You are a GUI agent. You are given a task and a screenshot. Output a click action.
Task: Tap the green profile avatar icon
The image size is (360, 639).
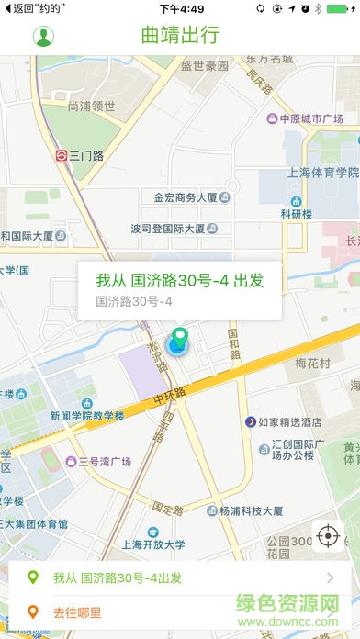pos(43,37)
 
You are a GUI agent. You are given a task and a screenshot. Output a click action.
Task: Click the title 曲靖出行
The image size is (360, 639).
pos(180,37)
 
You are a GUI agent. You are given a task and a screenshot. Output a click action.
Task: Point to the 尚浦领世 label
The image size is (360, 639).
pos(91,106)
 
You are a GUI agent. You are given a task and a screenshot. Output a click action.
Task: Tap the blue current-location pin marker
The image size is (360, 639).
pos(177,344)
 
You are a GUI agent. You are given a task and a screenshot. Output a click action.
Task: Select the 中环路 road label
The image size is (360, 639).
pos(170,396)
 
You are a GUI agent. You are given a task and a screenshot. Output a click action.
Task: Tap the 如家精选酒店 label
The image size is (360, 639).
pos(288,422)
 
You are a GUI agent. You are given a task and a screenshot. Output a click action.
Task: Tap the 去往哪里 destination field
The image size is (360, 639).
pos(77,612)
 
